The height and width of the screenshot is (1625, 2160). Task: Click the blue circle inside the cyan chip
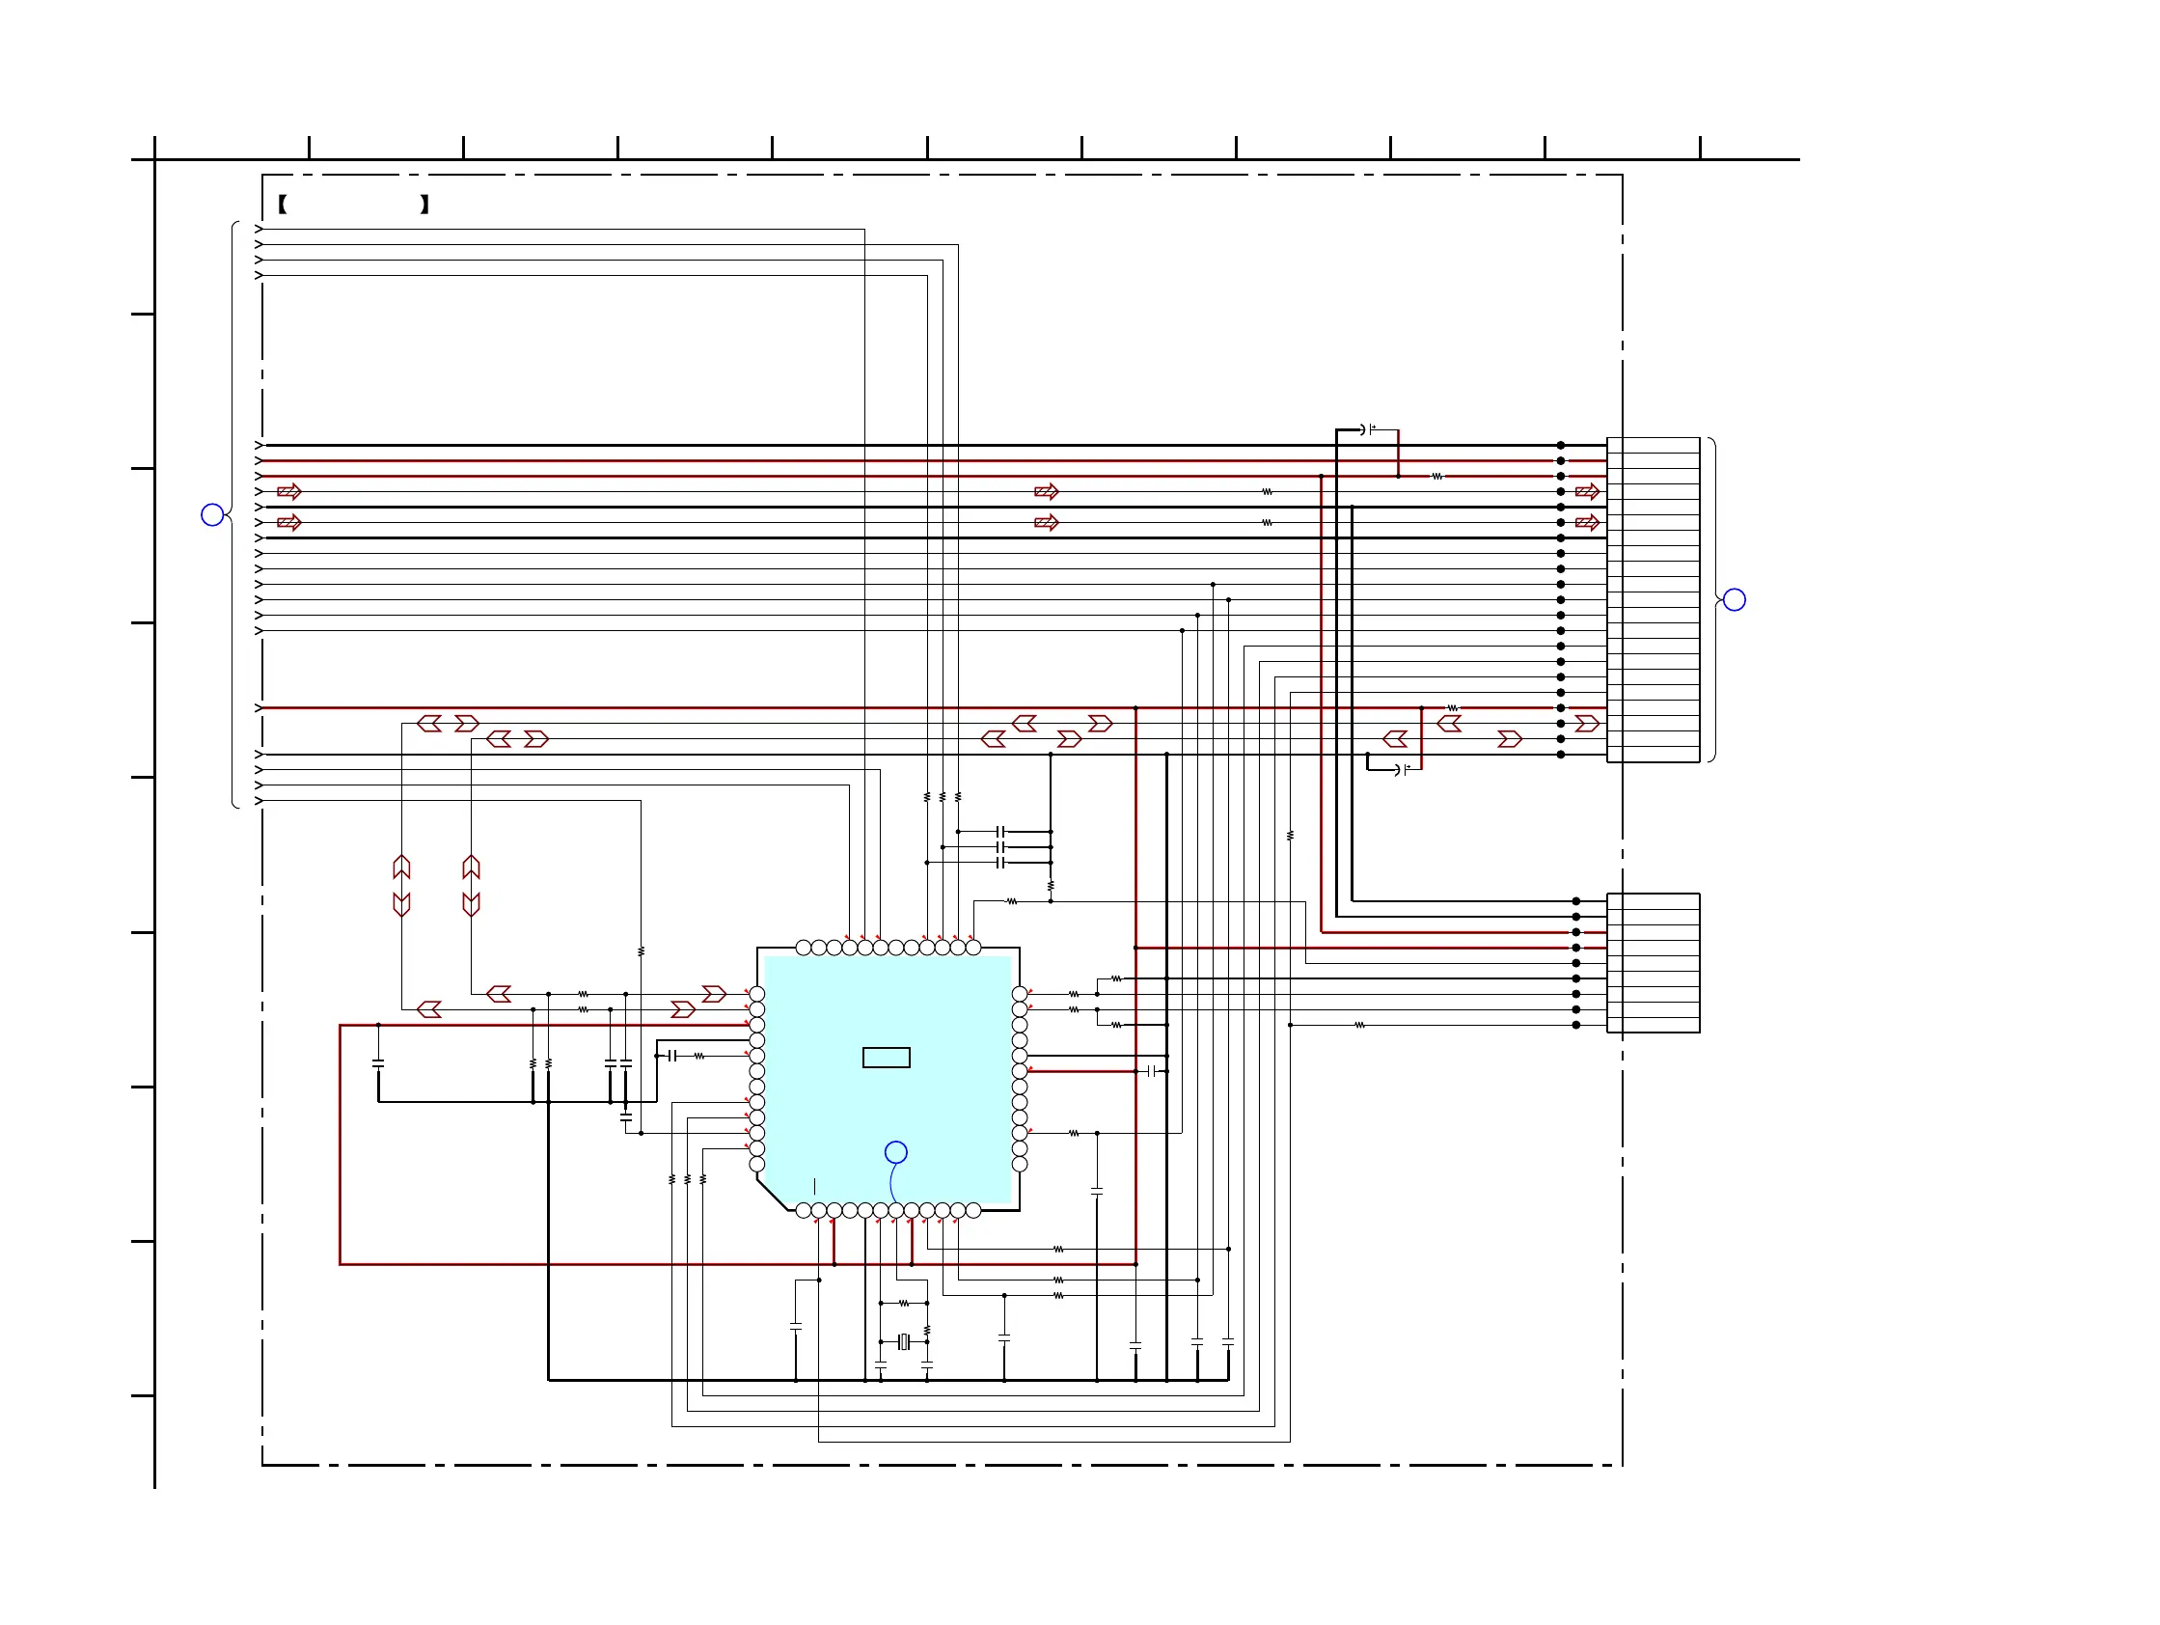pyautogui.click(x=895, y=1152)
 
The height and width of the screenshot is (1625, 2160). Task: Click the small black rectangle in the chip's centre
pyautogui.click(x=886, y=1057)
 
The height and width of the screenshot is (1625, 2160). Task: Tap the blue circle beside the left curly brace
pyautogui.click(x=212, y=514)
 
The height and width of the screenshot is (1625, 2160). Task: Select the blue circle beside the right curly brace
pyautogui.click(x=1735, y=599)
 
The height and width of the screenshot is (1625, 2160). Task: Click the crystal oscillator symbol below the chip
pyautogui.click(x=904, y=1342)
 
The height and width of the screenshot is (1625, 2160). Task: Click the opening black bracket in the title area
pyautogui.click(x=283, y=205)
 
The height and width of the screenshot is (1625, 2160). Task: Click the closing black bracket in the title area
pyautogui.click(x=424, y=205)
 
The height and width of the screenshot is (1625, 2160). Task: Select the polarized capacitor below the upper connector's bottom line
pyautogui.click(x=1403, y=769)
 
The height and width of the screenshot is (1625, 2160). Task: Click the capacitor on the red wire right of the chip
pyautogui.click(x=1153, y=1071)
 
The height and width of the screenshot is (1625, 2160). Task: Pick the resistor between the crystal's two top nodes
pyautogui.click(x=904, y=1303)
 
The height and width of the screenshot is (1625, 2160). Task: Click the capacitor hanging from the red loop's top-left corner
pyautogui.click(x=378, y=1062)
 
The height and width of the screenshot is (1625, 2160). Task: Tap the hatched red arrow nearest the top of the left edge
pyautogui.click(x=289, y=491)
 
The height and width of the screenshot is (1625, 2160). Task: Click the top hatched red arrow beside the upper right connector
pyautogui.click(x=1587, y=491)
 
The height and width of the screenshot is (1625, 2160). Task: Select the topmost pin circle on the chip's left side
pyautogui.click(x=756, y=994)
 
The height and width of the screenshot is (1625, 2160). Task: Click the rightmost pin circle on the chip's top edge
pyautogui.click(x=972, y=948)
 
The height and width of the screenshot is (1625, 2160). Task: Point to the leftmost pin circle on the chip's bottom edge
pyautogui.click(x=803, y=1211)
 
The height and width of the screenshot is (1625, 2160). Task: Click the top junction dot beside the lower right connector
pyautogui.click(x=1576, y=900)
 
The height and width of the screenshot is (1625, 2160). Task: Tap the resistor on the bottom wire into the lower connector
pyautogui.click(x=1359, y=1026)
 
